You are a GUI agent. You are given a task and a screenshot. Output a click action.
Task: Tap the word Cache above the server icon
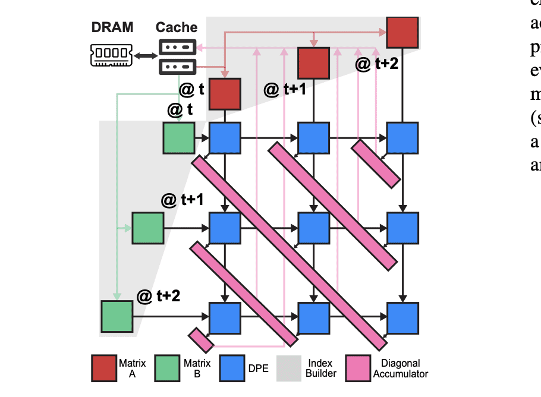click(177, 27)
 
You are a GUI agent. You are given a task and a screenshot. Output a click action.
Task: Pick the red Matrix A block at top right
click(402, 32)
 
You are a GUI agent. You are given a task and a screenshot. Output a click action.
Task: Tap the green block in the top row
click(179, 138)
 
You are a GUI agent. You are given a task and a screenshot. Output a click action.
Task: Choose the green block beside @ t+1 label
click(147, 228)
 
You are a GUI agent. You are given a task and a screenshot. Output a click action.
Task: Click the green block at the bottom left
click(117, 317)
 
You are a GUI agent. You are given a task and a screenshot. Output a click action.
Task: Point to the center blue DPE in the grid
click(313, 228)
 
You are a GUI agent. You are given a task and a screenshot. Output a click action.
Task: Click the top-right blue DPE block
click(402, 138)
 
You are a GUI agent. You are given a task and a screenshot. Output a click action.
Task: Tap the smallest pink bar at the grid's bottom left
click(201, 340)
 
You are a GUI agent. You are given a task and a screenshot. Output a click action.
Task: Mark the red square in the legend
click(104, 368)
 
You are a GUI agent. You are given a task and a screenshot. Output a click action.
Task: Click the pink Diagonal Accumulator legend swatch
click(358, 368)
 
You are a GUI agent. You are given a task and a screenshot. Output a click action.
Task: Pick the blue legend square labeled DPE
click(232, 368)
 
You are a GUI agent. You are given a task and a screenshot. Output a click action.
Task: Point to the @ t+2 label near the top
click(376, 64)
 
